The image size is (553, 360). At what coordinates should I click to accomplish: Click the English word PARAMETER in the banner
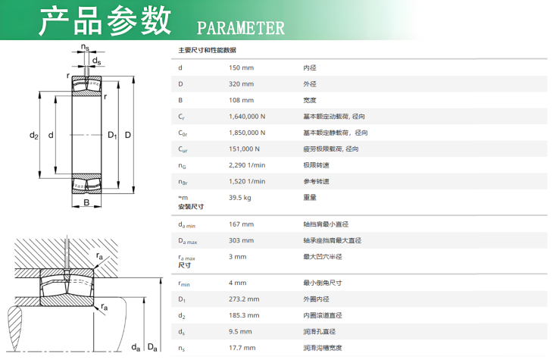[241, 28]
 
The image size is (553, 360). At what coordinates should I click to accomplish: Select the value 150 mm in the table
[241, 67]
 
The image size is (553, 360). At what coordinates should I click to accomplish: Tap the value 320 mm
[241, 84]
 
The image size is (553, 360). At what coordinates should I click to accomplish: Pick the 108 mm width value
[241, 100]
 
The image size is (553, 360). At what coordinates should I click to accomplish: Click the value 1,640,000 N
[247, 117]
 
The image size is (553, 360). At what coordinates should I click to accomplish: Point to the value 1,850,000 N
[247, 133]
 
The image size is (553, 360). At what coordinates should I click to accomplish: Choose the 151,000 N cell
[244, 149]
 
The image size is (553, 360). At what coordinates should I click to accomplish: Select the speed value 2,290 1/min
[247, 165]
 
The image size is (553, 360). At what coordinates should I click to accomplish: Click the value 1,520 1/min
[247, 181]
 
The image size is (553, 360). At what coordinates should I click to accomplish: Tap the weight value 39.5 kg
[240, 198]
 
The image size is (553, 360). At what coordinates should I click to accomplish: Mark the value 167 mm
[241, 224]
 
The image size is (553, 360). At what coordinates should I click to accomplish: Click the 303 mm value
[241, 240]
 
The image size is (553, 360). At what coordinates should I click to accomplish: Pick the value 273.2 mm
[244, 299]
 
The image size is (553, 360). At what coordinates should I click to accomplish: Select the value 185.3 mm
[244, 315]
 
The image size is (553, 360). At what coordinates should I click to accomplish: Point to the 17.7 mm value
[242, 348]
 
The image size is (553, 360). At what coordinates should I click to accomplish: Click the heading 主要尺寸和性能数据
[207, 50]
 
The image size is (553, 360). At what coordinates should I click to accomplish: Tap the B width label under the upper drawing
[86, 202]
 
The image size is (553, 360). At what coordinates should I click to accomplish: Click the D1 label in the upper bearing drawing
[112, 135]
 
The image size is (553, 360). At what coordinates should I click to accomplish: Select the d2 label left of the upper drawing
[34, 135]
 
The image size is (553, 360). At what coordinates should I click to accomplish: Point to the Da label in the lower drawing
[152, 347]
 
